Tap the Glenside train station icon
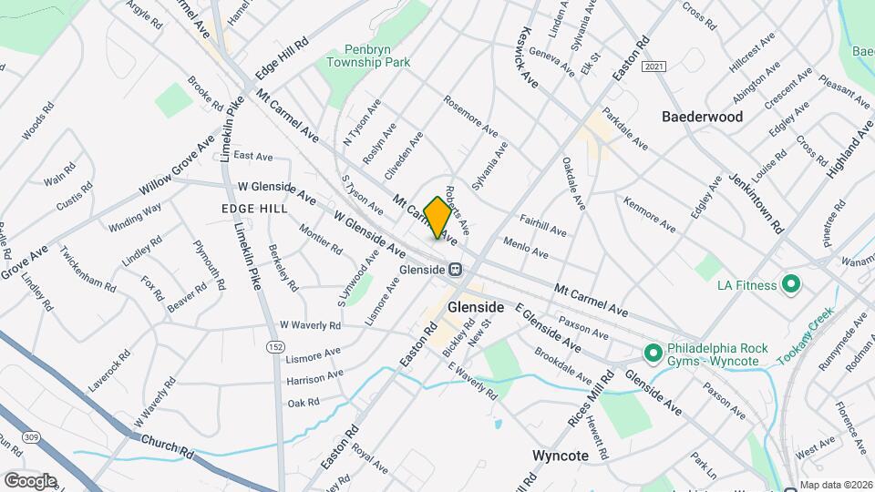click(x=454, y=270)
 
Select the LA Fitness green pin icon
click(x=791, y=285)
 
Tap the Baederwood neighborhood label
click(x=702, y=117)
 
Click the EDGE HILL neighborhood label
click(x=254, y=209)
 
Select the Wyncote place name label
click(x=562, y=454)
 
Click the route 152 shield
click(x=274, y=347)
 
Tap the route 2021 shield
click(x=653, y=67)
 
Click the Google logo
click(x=30, y=480)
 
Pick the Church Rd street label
click(x=168, y=446)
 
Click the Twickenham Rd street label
click(x=87, y=268)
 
